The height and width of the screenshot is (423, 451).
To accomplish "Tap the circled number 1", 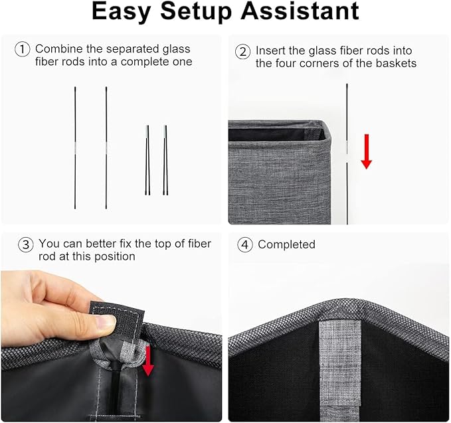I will click(x=23, y=49).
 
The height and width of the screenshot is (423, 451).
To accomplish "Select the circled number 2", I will click(x=244, y=50).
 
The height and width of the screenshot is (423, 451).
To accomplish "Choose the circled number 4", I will click(x=245, y=244).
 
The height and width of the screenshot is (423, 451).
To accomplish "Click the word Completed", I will click(x=286, y=244).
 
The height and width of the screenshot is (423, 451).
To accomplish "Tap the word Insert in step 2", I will click(x=270, y=50).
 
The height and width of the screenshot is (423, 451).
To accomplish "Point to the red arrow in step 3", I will click(x=148, y=361).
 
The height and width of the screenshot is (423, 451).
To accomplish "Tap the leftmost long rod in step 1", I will click(x=76, y=147).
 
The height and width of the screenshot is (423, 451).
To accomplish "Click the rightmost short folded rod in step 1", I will click(x=165, y=159).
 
